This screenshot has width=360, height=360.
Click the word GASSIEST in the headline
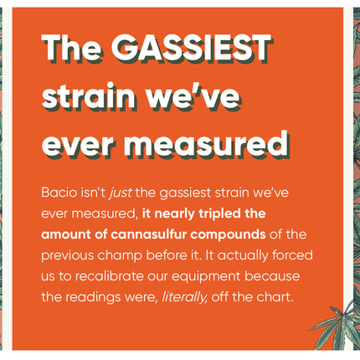coord(192,49)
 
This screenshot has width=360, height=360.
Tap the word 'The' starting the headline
coord(72,49)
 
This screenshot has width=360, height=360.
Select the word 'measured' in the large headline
coord(207,145)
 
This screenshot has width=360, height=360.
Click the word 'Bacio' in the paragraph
coord(59,193)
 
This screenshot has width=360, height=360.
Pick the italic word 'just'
coord(121,193)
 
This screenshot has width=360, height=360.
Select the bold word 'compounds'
coord(228,235)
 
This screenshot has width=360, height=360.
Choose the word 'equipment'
coord(206,277)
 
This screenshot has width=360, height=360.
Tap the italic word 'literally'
coord(184,297)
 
